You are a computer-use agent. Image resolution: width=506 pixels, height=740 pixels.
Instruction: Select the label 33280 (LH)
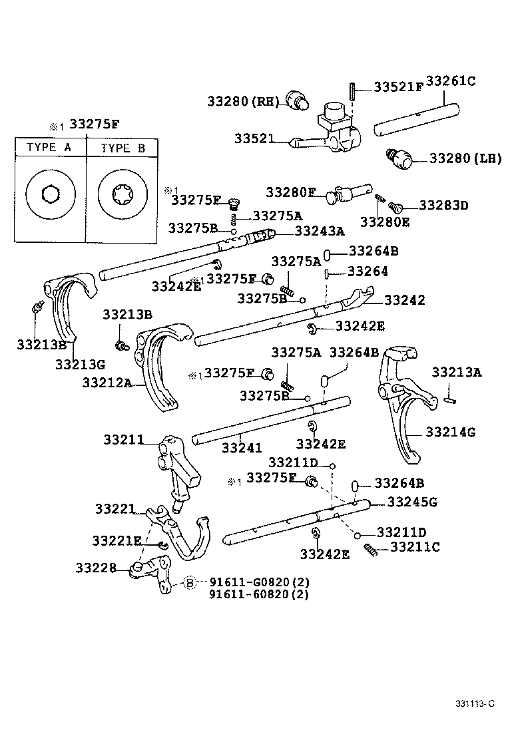point(465,158)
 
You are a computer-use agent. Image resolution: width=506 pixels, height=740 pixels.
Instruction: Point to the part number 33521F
point(397,87)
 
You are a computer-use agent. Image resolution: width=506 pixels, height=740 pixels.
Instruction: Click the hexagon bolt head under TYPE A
point(50,194)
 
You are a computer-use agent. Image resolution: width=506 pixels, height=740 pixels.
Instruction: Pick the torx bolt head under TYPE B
point(121,194)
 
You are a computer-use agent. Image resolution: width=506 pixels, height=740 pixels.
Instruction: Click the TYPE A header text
point(49,148)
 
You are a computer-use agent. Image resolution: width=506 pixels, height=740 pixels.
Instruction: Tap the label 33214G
point(450,433)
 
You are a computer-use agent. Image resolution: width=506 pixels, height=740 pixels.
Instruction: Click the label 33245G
point(412,502)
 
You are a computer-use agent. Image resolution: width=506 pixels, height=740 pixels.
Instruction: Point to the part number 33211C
point(415,547)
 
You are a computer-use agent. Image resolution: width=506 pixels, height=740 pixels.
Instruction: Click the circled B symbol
point(190,583)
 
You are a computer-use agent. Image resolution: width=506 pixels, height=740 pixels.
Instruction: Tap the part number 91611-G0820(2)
point(259,582)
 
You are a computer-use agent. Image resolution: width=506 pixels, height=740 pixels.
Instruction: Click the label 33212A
point(107,382)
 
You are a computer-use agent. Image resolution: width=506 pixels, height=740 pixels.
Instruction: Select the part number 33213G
point(80,364)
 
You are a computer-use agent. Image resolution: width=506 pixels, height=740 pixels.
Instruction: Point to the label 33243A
point(320,231)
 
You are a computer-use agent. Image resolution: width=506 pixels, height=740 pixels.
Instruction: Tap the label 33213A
point(456,372)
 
